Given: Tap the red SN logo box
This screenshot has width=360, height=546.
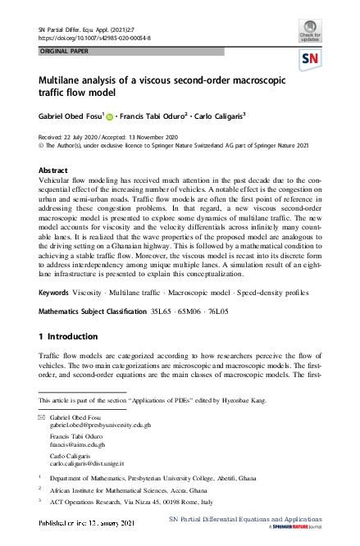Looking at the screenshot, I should [x=310, y=59].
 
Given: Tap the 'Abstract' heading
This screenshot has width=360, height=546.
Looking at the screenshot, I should [x=54, y=171].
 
